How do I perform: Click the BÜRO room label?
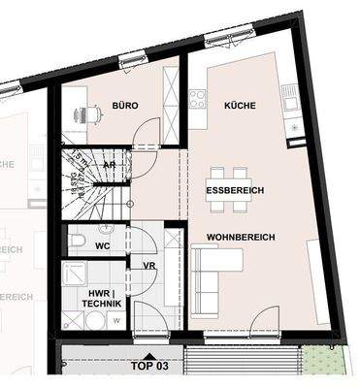point(125,105)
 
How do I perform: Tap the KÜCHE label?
point(240,105)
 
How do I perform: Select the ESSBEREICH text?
point(234,191)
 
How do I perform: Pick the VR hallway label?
point(149,265)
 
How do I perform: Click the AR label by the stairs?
point(110,165)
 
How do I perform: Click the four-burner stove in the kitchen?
point(197,98)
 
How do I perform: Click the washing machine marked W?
point(116,317)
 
